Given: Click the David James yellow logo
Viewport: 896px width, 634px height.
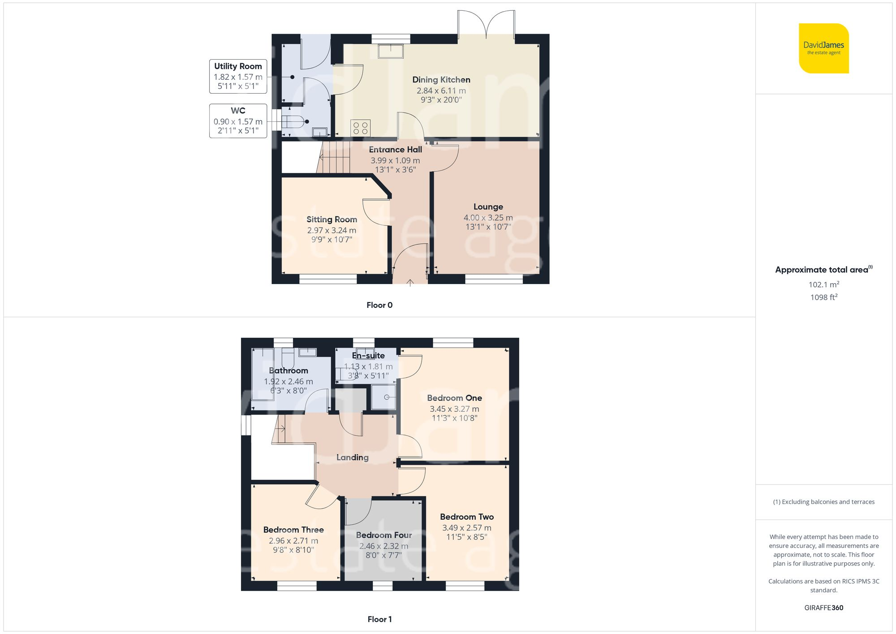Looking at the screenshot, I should pos(823,48).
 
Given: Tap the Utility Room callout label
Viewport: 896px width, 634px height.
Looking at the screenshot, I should pos(238,76).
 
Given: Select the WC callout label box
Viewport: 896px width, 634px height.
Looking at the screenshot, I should pos(238,121).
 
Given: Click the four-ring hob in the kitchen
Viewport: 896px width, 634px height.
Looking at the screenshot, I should pos(360,127).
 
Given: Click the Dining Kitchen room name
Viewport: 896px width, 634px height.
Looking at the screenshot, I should pos(441,80).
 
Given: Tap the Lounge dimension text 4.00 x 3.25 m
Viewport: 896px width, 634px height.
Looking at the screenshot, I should pos(488,218).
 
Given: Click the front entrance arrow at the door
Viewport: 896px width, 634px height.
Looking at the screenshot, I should pos(410,282).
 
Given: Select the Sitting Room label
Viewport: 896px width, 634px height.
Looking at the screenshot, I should pos(332,220).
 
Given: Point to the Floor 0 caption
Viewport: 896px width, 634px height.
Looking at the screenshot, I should pos(379,305).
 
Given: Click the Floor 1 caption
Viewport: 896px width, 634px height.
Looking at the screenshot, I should pos(379,619).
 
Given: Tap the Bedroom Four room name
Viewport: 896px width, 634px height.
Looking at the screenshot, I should pos(384,535).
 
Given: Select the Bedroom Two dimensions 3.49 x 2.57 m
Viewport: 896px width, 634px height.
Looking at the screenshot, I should pos(466,528).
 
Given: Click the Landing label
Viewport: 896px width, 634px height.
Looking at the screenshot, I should pos(353,457).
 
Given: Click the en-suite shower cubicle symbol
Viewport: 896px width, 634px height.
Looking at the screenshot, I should pos(384,397).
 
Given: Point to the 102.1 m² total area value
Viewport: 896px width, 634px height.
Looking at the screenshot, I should pos(823,285).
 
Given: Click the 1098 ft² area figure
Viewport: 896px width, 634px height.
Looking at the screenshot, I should pos(823,297).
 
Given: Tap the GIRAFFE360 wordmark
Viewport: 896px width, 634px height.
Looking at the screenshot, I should pos(823,608).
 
